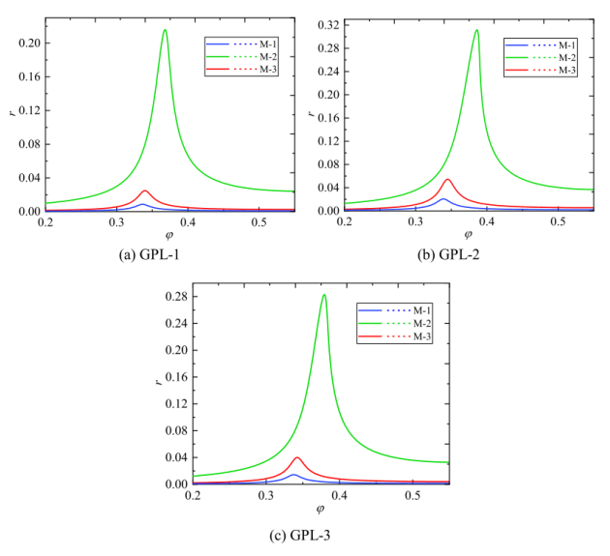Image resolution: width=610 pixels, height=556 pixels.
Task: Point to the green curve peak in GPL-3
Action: click(x=324, y=295)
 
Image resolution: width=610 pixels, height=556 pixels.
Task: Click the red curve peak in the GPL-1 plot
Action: click(x=144, y=190)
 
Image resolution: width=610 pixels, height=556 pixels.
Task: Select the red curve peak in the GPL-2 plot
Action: click(x=447, y=179)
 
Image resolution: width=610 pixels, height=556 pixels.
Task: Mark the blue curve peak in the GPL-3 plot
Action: click(x=294, y=474)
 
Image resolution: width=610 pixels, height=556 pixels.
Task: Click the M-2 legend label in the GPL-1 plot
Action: click(x=267, y=57)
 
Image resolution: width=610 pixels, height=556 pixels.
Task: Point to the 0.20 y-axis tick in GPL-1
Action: click(x=28, y=44)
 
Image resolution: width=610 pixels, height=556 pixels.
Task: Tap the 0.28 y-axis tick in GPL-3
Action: click(x=177, y=296)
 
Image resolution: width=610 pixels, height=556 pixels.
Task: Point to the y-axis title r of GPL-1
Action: click(x=11, y=113)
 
